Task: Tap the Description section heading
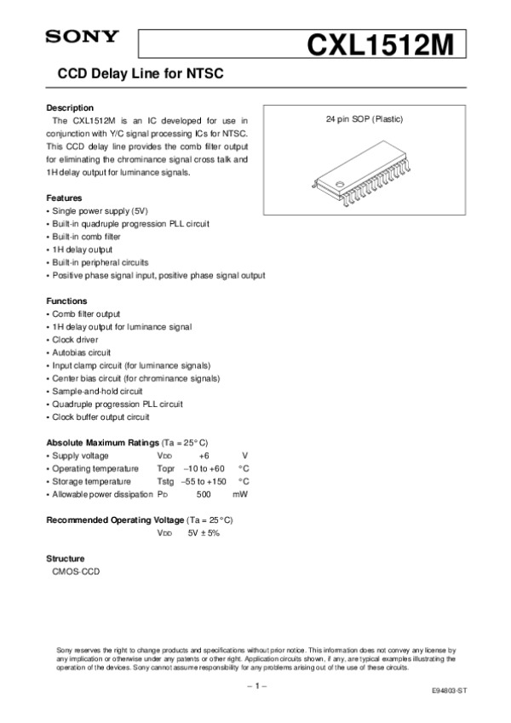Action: [70, 108]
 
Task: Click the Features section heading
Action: [64, 198]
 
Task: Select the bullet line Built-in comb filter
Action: [86, 237]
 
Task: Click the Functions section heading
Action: [66, 301]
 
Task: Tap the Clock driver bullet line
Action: [78, 340]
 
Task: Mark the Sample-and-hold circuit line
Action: [96, 391]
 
